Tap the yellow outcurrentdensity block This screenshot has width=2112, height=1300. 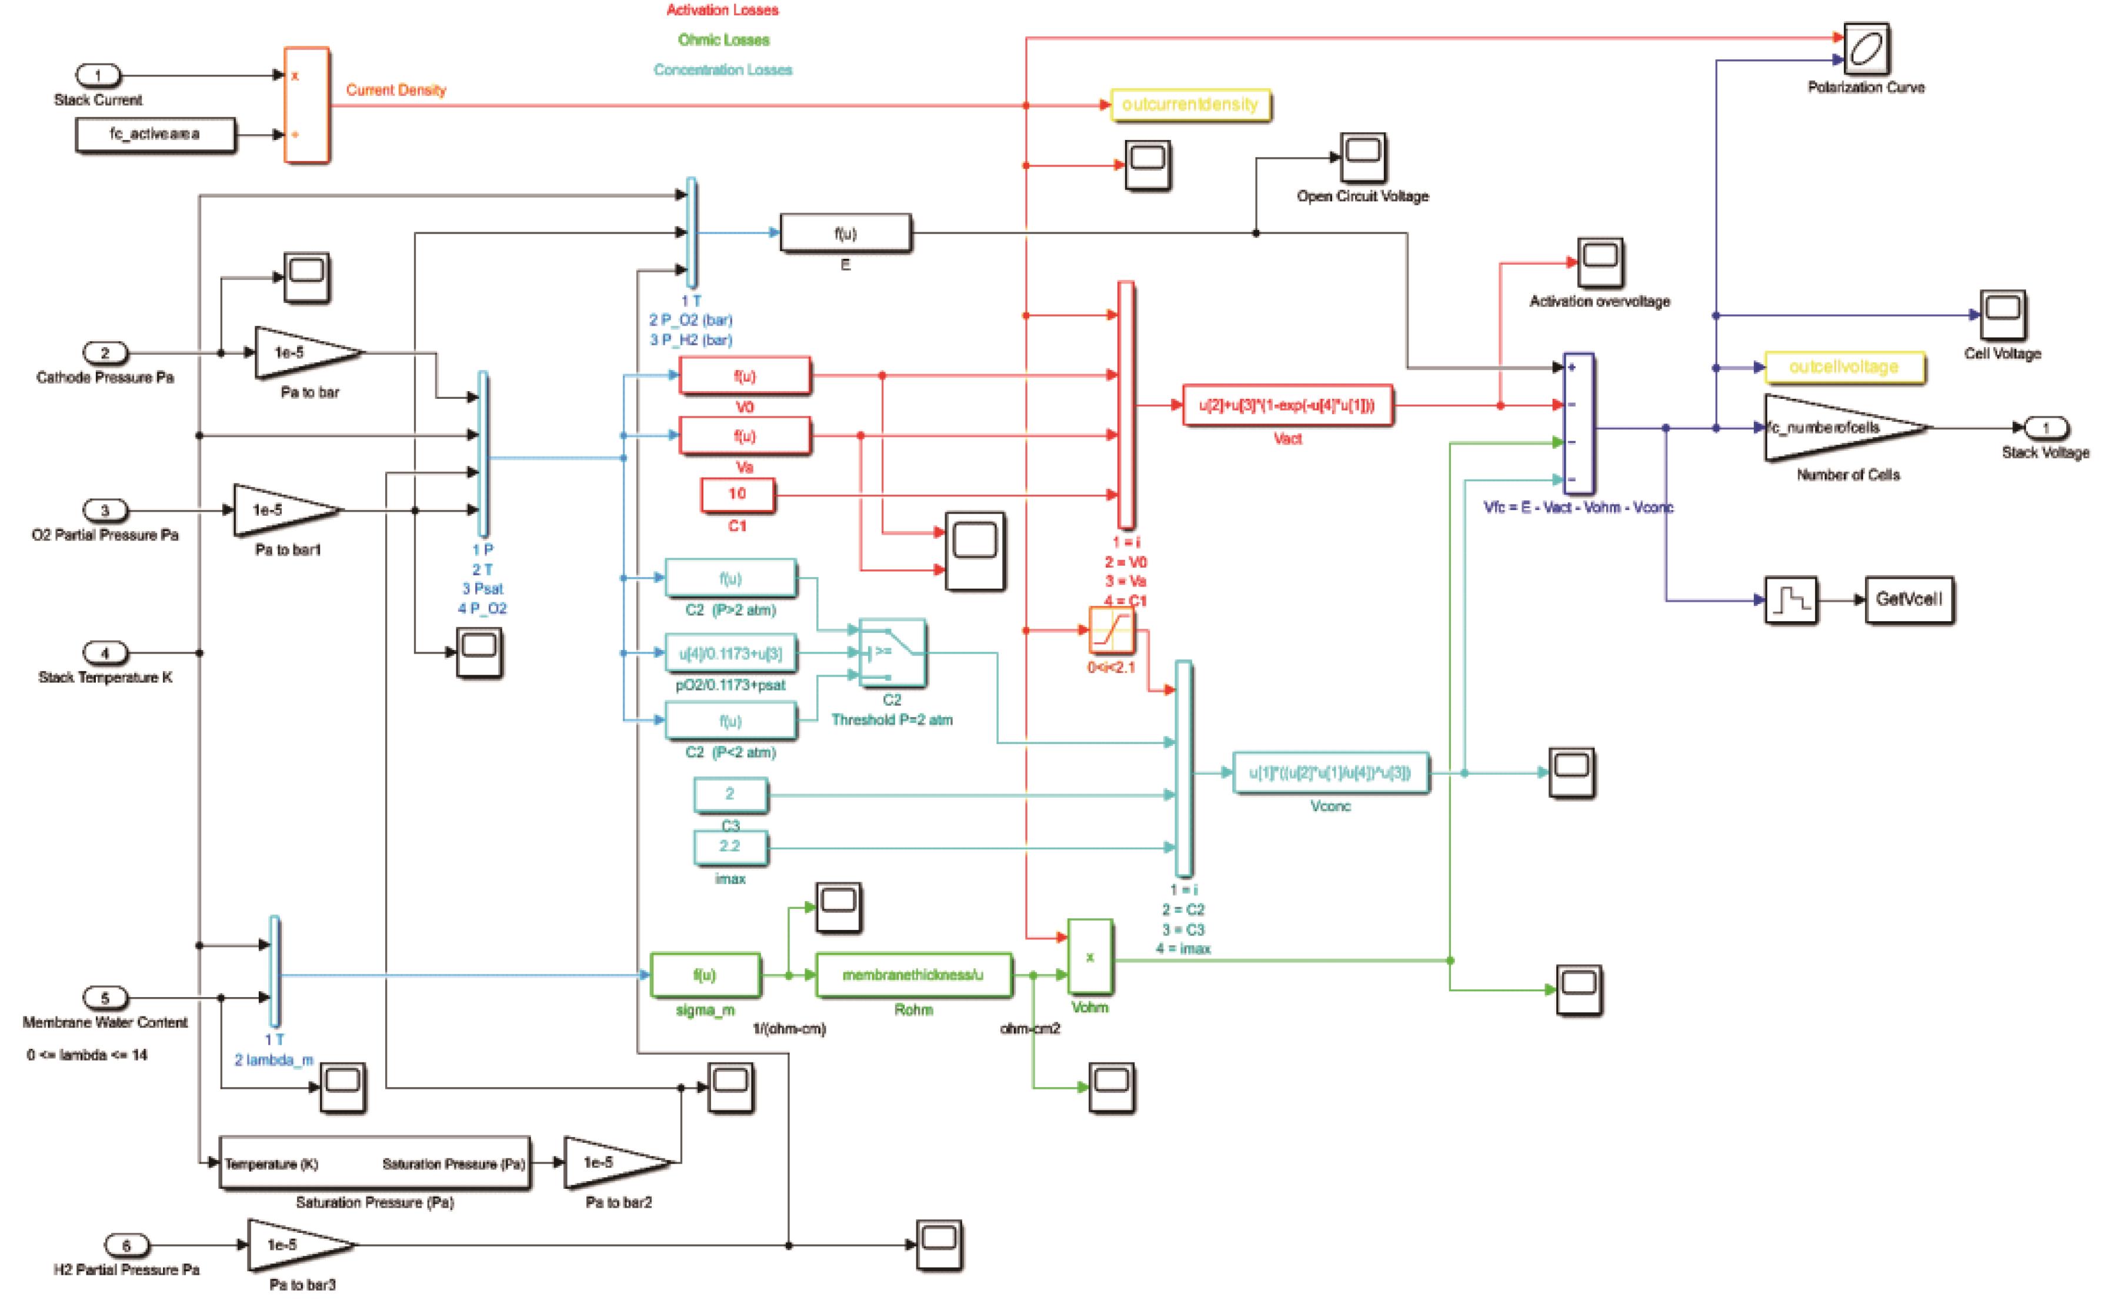(1190, 105)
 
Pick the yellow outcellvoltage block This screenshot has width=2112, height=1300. (1843, 367)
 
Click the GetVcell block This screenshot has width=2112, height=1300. (1909, 599)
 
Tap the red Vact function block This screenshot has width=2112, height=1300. (1287, 405)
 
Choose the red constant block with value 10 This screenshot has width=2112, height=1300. (738, 494)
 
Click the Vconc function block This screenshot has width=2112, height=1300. (1330, 773)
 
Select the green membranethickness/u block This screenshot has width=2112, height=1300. (913, 975)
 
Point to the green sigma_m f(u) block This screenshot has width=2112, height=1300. (705, 975)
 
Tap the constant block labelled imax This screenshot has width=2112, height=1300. (730, 847)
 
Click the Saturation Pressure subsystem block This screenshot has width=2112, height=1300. (374, 1164)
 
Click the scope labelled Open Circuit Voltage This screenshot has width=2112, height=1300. (1363, 156)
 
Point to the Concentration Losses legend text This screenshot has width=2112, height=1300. (722, 69)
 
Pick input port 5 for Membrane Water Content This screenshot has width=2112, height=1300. (105, 998)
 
